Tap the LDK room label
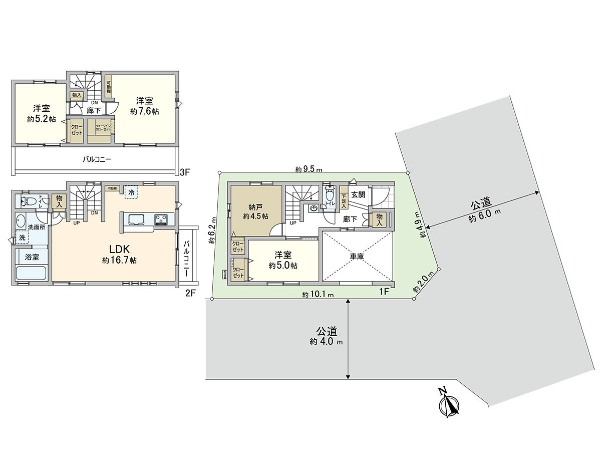pos(120,249)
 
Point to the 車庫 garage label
pos(357,256)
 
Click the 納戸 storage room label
pos(255,206)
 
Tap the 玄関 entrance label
pos(358,194)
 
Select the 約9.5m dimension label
pos(308,169)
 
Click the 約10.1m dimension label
pos(318,295)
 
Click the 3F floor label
pos(185,172)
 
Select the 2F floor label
pos(190,294)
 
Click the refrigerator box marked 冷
pos(131,192)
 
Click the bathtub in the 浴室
pos(31,274)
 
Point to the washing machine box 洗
pos(22,238)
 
